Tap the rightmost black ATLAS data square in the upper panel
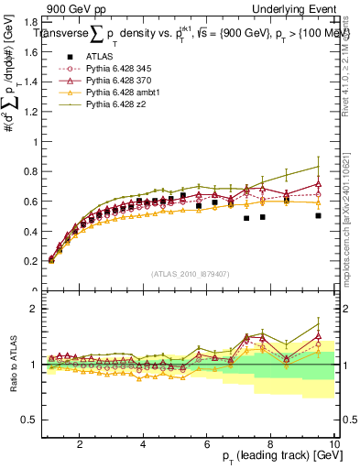[318, 216]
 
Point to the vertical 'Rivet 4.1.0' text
[350, 69]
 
